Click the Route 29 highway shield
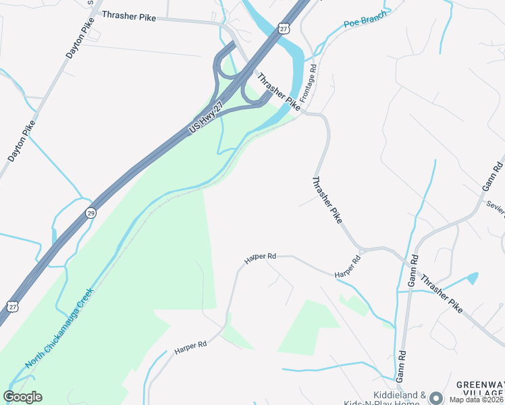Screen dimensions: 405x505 (90, 213)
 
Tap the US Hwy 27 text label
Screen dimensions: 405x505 (207, 117)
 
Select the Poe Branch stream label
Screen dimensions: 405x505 (365, 19)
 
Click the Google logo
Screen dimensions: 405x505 (23, 397)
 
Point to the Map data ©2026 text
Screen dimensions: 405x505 (477, 400)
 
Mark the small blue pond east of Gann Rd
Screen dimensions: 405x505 (472, 277)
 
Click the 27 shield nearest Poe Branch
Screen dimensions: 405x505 (284, 28)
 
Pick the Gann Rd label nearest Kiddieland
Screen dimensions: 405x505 (402, 364)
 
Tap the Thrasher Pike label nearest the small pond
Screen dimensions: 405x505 (442, 293)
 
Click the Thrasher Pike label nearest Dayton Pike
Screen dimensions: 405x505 (129, 16)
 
